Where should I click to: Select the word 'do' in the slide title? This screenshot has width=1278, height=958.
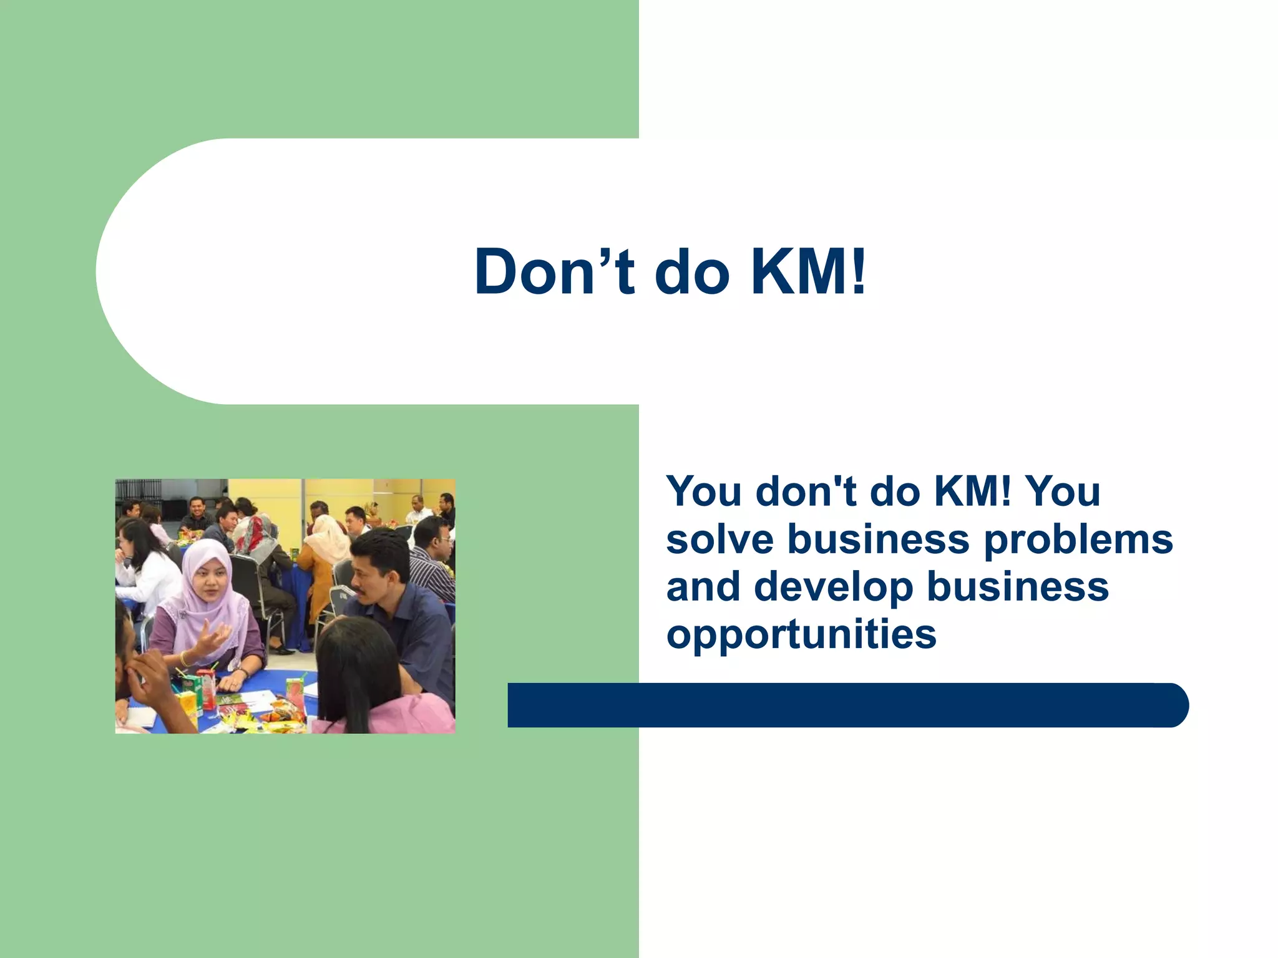[691, 272]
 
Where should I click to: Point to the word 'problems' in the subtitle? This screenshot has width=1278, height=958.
[1078, 540]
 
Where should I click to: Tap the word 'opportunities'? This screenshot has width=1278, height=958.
[801, 635]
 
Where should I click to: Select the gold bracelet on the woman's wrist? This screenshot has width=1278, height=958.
[184, 659]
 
